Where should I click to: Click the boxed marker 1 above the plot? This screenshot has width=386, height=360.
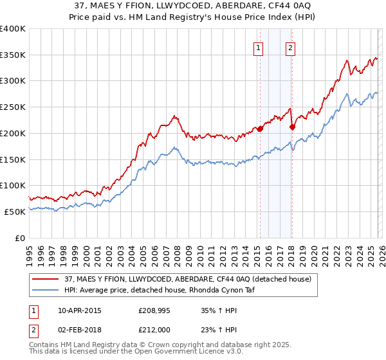[x=258, y=48]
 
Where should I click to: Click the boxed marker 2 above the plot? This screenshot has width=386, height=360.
[x=291, y=48]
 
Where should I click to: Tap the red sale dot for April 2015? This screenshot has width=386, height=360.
[x=260, y=129]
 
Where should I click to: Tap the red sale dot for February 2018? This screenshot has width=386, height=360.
[x=292, y=127]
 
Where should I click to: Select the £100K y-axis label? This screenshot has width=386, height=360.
[x=13, y=186]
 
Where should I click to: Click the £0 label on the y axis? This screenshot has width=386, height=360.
[x=20, y=238]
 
